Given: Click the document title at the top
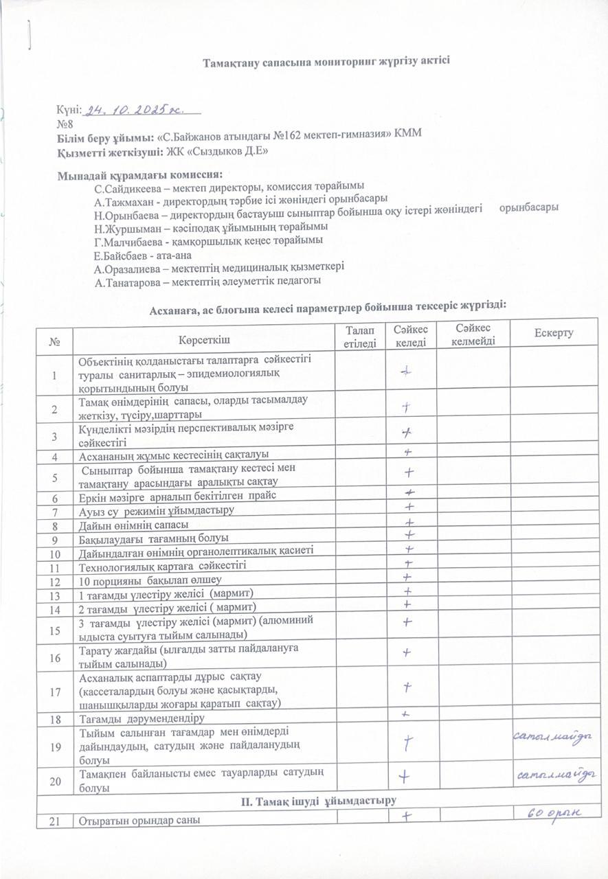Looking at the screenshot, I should (x=326, y=62).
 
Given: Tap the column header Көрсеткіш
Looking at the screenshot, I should (x=203, y=339).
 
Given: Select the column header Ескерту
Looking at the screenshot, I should (x=553, y=333).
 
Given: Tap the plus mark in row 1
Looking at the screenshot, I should (x=407, y=371).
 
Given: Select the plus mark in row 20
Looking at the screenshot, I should (x=407, y=776).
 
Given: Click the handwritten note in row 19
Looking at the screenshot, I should (x=553, y=736).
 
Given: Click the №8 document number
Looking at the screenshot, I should (x=65, y=124).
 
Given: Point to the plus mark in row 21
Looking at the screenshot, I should (x=407, y=816).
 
